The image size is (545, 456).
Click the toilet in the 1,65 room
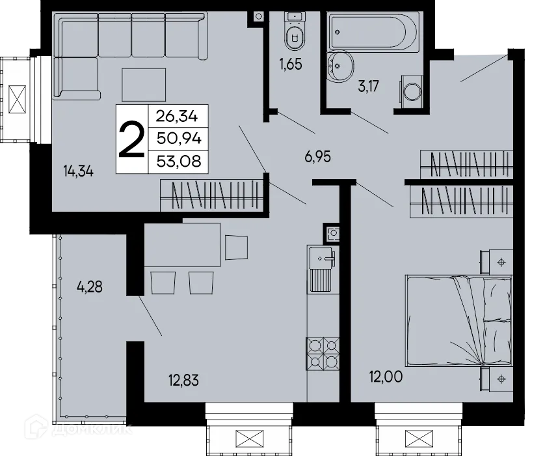tap(295, 33)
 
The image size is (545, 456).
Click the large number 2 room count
tap(131, 139)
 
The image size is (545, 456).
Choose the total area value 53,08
tap(178, 160)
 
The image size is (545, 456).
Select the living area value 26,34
tap(178, 117)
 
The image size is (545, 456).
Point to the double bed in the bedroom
tap(459, 322)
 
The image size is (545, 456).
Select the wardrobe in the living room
tap(211, 195)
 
